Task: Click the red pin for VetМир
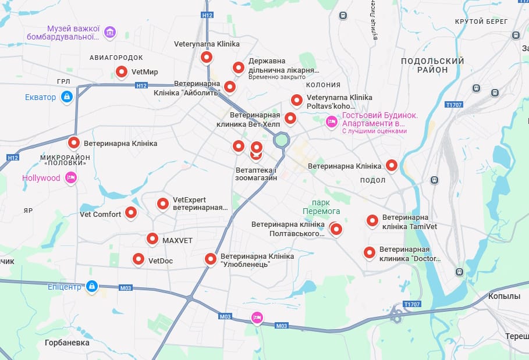[x=122, y=72]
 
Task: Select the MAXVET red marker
[x=152, y=238]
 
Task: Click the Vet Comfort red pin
[x=132, y=213]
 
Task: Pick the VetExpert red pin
[x=163, y=204]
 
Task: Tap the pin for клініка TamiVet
[x=372, y=220]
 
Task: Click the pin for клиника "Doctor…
[x=369, y=252]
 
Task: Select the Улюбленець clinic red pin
[x=211, y=259]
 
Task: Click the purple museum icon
[x=110, y=33]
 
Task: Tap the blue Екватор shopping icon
[x=67, y=97]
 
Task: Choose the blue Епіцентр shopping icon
[x=91, y=286]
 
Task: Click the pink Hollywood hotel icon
[x=71, y=178]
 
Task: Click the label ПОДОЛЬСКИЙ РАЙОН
[x=432, y=65]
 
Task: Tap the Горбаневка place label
[x=67, y=343]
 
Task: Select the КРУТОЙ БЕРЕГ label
[x=477, y=22]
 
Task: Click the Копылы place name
[x=504, y=296]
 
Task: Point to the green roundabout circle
[x=282, y=140]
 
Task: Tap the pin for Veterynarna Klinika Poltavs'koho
[x=297, y=100]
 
